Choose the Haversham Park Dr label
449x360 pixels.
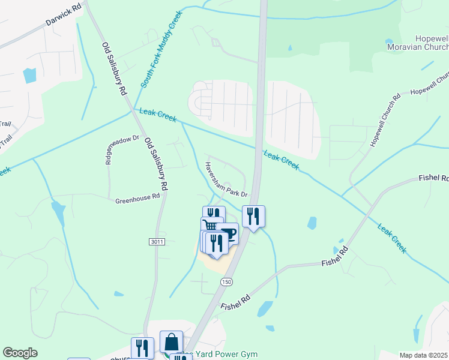coord(226,179)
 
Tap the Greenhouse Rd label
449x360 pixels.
coord(138,198)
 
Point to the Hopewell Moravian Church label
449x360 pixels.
coord(415,42)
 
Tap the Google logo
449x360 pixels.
coord(20,353)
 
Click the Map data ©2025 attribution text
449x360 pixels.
coord(423,355)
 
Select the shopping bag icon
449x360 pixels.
coord(172,341)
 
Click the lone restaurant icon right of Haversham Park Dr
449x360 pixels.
coord(253,215)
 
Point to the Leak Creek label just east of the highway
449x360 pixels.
coord(281,160)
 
